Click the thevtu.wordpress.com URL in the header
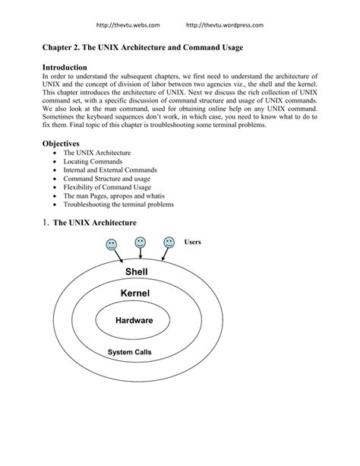point(225,25)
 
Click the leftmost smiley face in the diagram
point(112,245)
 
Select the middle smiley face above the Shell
point(140,243)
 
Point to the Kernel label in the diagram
point(135,293)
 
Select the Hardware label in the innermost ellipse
point(134,321)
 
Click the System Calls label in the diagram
point(130,353)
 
